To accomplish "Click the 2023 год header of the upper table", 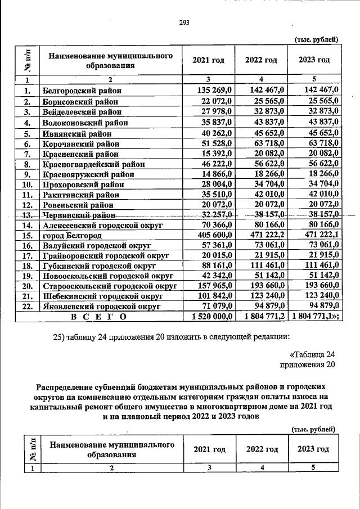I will click(314, 60).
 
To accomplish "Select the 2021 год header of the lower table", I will click(209, 449).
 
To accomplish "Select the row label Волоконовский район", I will click(85, 122).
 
